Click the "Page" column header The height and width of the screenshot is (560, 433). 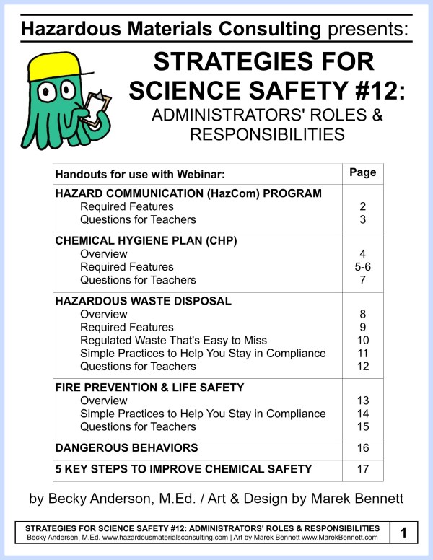[363, 173]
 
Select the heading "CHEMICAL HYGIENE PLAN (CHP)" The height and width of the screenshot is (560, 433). [127, 241]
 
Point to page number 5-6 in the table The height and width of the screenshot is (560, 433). [363, 267]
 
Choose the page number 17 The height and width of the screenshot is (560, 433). [363, 470]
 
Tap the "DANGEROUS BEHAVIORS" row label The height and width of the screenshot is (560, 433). [126, 448]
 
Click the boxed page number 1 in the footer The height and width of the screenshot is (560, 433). [403, 534]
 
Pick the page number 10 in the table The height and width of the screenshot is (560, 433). [363, 341]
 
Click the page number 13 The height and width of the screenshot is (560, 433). [363, 401]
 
